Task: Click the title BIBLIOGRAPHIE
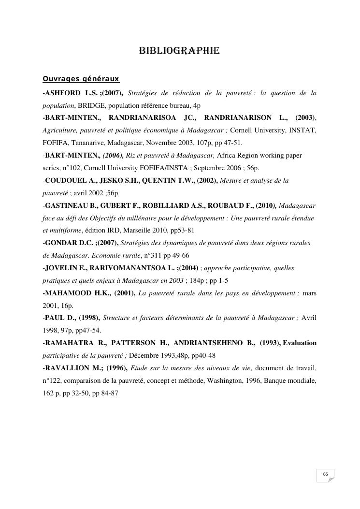(x=179, y=51)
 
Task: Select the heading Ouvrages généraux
(x=81, y=78)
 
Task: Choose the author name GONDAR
(x=60, y=243)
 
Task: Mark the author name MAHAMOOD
(x=67, y=293)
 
